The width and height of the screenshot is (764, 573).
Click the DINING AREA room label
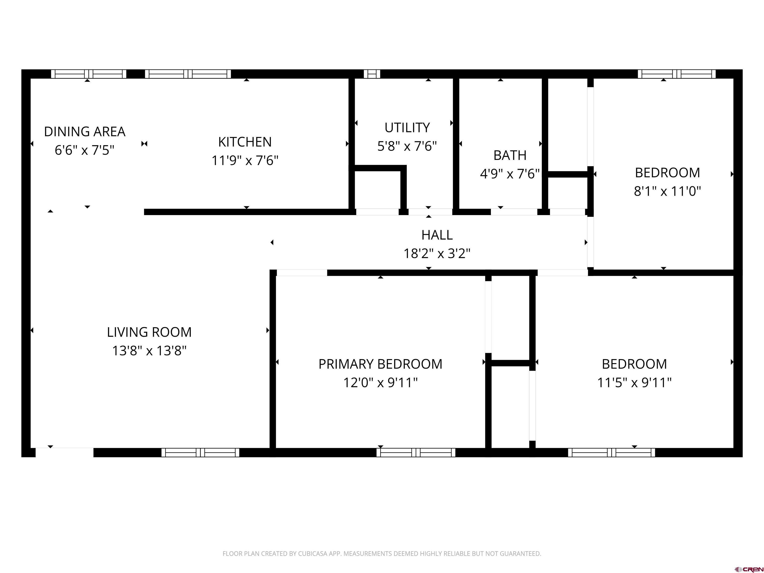tap(85, 132)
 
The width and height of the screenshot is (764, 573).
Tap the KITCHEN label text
tap(245, 142)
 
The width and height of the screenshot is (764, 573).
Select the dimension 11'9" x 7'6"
tap(245, 160)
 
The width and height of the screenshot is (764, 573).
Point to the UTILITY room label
tap(407, 127)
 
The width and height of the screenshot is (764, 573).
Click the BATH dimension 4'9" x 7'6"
tap(510, 174)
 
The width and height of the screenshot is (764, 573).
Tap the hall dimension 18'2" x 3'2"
tap(437, 253)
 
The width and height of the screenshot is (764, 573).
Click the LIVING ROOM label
tap(149, 332)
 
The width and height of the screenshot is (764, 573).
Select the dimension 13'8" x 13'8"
tap(149, 351)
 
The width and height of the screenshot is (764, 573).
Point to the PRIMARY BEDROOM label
tap(380, 364)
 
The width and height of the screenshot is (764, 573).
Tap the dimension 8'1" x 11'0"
tap(667, 191)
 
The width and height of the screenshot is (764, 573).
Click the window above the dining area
tap(89, 74)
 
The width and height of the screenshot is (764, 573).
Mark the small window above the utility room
tap(372, 74)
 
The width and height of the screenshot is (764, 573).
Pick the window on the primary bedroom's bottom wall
tap(416, 452)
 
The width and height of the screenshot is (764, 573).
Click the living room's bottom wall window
tap(200, 452)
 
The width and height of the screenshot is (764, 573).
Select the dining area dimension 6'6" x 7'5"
tap(85, 150)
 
